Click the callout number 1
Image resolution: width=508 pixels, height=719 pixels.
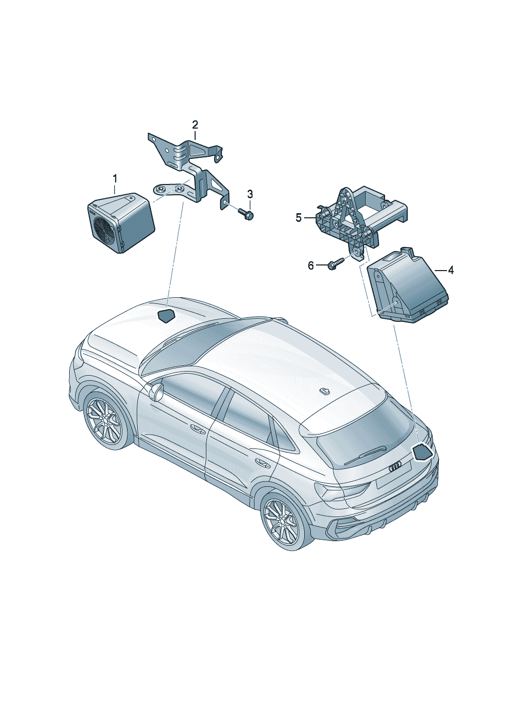(115, 179)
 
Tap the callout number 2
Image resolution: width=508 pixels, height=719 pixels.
(195, 125)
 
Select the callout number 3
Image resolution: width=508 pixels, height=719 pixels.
(250, 194)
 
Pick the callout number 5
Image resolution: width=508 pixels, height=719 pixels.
(299, 218)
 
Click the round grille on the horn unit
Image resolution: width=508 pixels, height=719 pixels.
(104, 226)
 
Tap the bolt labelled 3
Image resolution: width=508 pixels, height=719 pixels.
(246, 214)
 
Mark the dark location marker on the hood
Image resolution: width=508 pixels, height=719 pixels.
(166, 316)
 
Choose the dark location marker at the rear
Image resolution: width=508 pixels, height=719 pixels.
(422, 453)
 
